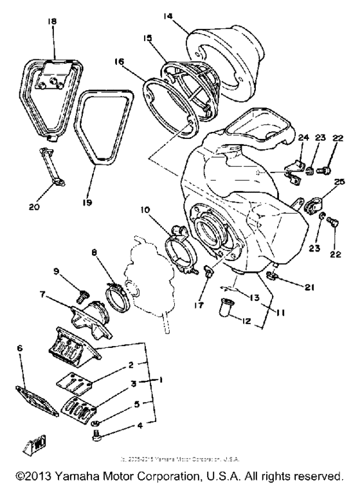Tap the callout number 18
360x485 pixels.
(53, 21)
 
